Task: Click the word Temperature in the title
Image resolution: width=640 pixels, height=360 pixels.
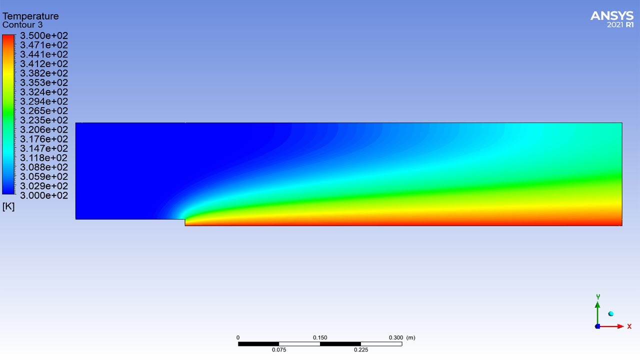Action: [x=30, y=16]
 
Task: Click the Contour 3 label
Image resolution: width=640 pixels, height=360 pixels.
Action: [x=22, y=25]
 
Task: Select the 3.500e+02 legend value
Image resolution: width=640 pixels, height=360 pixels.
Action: [x=44, y=36]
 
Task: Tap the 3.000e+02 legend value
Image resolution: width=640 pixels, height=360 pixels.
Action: [x=44, y=195]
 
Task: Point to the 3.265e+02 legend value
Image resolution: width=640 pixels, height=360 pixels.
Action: [x=44, y=111]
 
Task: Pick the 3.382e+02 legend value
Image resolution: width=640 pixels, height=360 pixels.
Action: [x=44, y=73]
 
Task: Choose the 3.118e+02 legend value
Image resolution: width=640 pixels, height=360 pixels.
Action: [x=44, y=158]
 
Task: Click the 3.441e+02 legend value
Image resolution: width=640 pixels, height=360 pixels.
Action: [x=44, y=54]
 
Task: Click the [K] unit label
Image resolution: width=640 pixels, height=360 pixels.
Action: [x=8, y=206]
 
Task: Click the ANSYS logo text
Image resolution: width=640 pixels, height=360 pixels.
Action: [x=611, y=16]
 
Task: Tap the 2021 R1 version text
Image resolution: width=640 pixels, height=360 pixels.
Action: [x=620, y=25]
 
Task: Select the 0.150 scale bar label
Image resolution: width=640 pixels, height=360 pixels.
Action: [x=320, y=337]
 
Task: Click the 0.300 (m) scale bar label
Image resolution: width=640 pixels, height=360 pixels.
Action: [x=402, y=337]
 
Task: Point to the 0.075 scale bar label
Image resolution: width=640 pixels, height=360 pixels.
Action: [x=279, y=350]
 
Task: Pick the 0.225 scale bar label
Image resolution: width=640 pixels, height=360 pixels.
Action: [x=361, y=350]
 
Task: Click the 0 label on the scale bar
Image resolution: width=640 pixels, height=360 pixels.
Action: [x=238, y=337]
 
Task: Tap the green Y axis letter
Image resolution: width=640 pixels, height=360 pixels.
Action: [x=598, y=297]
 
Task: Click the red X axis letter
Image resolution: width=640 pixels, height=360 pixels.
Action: [x=629, y=326]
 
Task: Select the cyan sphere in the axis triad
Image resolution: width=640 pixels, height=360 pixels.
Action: [x=610, y=314]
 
